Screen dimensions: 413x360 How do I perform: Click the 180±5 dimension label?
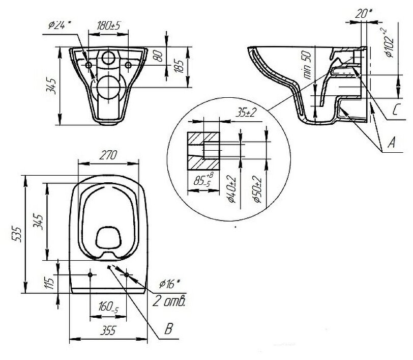(x=108, y=26)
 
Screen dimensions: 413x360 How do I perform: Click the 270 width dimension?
(x=108, y=157)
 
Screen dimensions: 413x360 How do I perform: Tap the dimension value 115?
(x=50, y=284)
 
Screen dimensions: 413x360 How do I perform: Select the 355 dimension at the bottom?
(x=108, y=331)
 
